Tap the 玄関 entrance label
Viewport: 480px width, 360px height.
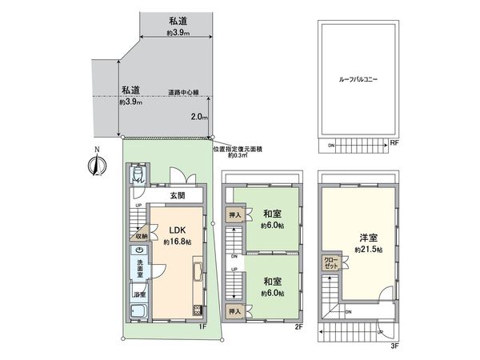coord(178,195)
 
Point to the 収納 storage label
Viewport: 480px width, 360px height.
coord(140,237)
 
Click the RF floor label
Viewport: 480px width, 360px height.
coord(394,144)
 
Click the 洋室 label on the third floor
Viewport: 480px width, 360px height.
coord(366,238)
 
